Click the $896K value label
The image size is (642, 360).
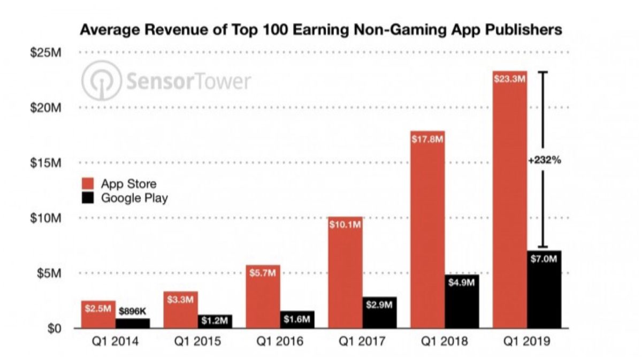132,310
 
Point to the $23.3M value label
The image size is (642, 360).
509,80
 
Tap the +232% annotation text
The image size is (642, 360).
544,159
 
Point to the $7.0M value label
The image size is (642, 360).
544,259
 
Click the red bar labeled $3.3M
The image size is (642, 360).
180,313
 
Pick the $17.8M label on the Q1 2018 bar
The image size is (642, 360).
427,140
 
